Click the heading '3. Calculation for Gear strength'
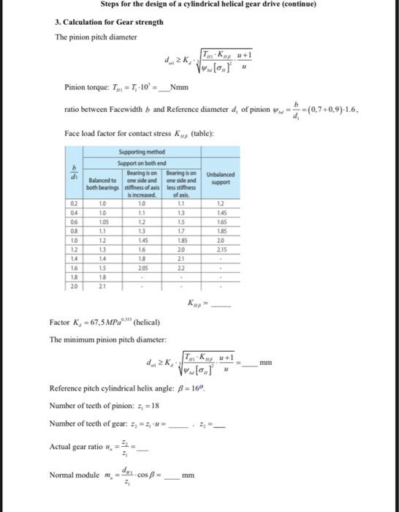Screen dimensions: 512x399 coord(110,22)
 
